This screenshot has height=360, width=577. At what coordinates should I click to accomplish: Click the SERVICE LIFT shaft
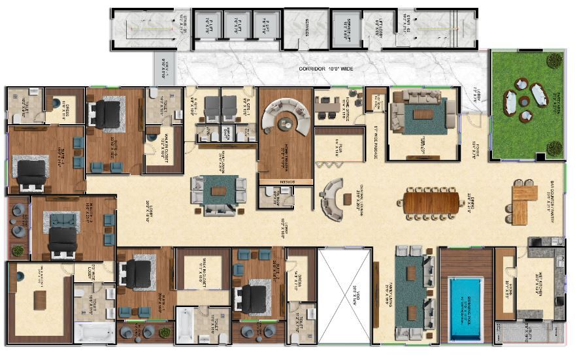344,29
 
